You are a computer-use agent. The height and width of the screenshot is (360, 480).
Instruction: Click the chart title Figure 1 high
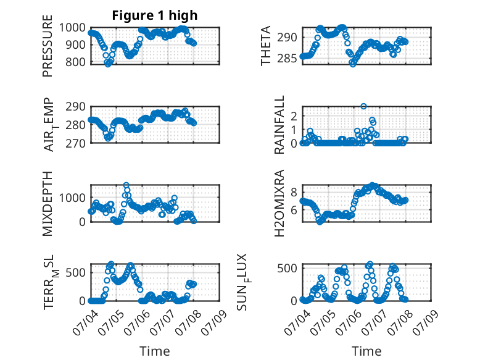tap(155, 15)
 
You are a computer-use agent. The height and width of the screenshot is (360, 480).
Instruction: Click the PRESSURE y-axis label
tap(48, 46)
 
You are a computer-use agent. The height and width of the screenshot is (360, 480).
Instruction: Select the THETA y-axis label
tap(266, 46)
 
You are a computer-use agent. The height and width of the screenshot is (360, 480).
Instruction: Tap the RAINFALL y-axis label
tap(279, 125)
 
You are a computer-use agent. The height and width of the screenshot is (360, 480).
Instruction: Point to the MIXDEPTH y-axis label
tap(48, 204)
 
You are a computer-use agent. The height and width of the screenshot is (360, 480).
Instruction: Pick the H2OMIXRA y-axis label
tap(279, 203)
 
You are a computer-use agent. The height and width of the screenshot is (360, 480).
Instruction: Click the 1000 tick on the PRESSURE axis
tap(73, 28)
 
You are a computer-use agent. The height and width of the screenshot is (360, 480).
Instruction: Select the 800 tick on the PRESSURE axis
tap(76, 62)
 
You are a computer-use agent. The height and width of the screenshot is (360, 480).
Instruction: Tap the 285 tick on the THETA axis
tap(287, 58)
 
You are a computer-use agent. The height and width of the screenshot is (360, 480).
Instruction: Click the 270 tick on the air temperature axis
tap(76, 143)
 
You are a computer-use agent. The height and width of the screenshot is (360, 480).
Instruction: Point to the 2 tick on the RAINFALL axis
tap(294, 116)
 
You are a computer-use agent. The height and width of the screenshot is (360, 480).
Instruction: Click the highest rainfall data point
tap(363, 106)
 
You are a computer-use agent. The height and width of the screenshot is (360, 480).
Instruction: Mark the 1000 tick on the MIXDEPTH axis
tap(73, 198)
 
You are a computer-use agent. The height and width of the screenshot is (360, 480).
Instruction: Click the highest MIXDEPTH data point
tap(126, 185)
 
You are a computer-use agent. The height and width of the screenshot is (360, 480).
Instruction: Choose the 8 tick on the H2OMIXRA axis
tap(294, 193)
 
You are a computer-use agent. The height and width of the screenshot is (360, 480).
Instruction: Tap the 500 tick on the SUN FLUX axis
tap(287, 268)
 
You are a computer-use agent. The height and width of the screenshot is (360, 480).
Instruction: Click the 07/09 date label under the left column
tap(215, 322)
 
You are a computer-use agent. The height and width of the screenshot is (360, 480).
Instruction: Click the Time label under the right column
tap(366, 351)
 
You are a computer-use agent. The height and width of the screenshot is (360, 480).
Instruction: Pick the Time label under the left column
tap(155, 351)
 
